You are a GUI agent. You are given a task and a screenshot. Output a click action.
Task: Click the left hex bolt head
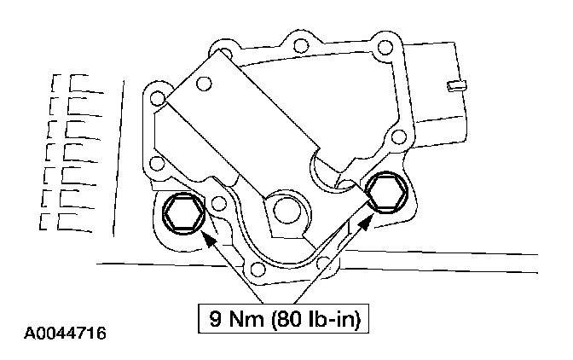pos(183,214)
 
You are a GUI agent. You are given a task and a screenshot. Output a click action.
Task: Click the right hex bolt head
pos(386,193)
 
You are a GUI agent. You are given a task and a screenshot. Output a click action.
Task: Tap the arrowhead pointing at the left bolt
pos(207,240)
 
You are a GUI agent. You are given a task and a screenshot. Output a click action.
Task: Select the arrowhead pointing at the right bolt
pos(366,223)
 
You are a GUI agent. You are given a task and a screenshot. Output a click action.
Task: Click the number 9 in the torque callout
pos(216,318)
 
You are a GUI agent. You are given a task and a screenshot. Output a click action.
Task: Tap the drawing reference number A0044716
pos(65,334)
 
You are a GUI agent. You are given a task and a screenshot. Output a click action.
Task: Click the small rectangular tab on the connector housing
pos(457,86)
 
